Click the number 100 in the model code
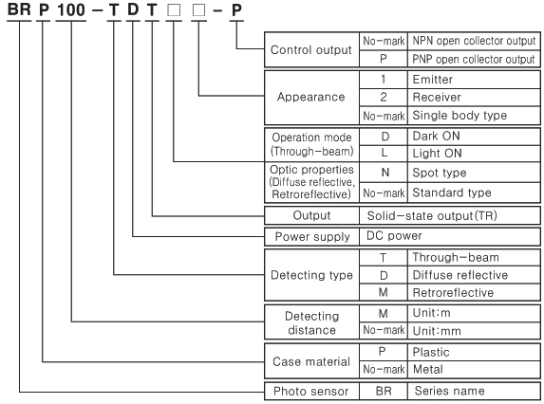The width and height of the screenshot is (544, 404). (x=71, y=9)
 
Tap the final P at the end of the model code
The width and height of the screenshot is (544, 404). (x=236, y=10)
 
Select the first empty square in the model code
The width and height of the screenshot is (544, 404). (x=174, y=10)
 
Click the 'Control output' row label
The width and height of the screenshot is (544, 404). (x=310, y=50)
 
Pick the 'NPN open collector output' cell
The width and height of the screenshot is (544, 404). (x=474, y=41)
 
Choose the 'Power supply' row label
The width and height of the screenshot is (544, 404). (x=312, y=237)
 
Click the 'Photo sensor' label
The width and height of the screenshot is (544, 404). (x=310, y=391)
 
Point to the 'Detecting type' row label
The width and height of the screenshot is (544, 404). (x=311, y=275)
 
